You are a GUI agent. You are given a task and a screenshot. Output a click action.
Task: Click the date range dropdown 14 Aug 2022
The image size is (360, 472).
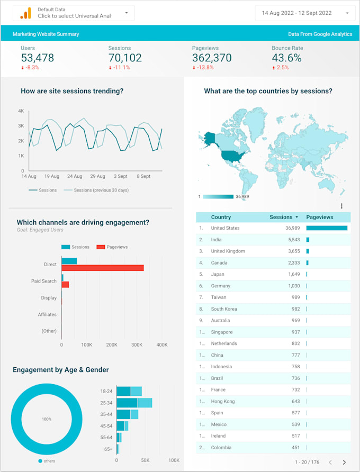pyautogui.click(x=304, y=13)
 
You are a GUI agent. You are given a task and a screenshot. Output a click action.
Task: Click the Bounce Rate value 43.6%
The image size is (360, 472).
pyautogui.click(x=286, y=58)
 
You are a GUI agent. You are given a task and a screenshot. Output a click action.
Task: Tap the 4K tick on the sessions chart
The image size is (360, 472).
pyautogui.click(x=21, y=111)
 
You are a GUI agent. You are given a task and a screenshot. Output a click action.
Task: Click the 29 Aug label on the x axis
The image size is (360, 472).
pyautogui.click(x=97, y=176)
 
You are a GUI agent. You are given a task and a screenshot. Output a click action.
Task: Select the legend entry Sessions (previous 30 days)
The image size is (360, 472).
pyautogui.click(x=101, y=190)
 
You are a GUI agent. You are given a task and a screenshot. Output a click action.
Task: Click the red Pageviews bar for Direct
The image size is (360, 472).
pyautogui.click(x=103, y=268)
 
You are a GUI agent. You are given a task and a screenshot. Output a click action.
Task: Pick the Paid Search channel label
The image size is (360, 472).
pyautogui.click(x=43, y=281)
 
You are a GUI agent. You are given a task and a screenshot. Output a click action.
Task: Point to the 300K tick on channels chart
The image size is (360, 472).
pyautogui.click(x=137, y=344)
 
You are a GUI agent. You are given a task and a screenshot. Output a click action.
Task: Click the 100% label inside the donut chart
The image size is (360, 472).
pyautogui.click(x=47, y=419)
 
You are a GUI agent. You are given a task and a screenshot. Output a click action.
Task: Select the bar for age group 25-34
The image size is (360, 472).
pyautogui.click(x=134, y=403)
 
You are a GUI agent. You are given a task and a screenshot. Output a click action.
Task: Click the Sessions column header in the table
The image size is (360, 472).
pyautogui.click(x=283, y=217)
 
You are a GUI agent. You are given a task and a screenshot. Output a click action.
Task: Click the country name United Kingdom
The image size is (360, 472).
pyautogui.click(x=228, y=251)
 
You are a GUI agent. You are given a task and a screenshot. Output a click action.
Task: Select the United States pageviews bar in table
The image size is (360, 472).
pyautogui.click(x=327, y=228)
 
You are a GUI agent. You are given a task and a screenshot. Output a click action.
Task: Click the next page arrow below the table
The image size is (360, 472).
pyautogui.click(x=344, y=462)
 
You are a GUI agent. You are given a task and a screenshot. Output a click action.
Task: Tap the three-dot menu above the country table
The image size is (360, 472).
pyautogui.click(x=341, y=206)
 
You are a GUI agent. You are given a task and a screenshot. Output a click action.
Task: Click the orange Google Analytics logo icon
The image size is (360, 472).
pyautogui.click(x=25, y=13)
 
